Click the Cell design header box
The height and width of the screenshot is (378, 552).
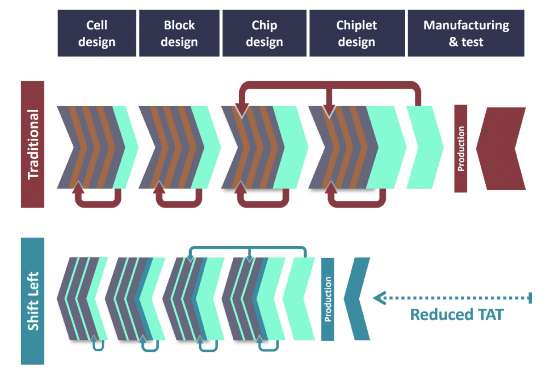[97, 34]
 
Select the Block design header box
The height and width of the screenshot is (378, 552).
[179, 34]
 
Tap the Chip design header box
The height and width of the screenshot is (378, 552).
[264, 34]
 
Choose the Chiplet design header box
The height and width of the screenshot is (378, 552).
[356, 34]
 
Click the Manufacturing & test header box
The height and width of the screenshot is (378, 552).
[466, 34]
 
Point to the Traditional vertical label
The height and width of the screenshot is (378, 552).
[33, 144]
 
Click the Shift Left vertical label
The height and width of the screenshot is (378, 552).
[33, 301]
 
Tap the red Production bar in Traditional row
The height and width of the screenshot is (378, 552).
[460, 148]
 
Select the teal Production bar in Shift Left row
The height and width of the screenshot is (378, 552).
[328, 299]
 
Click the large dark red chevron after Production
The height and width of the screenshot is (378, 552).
[501, 148]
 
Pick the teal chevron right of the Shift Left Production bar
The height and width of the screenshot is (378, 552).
[357, 299]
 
